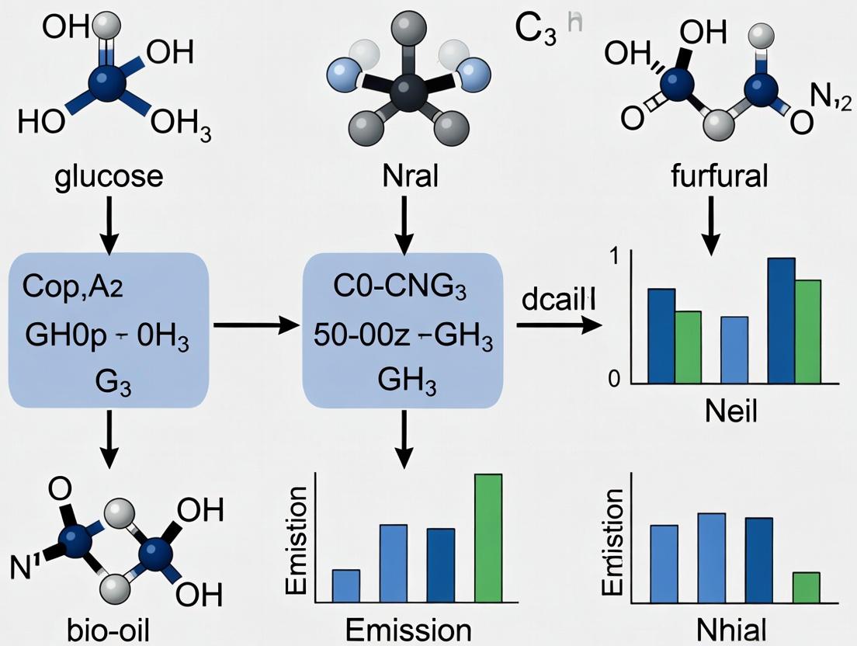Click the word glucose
[109, 176]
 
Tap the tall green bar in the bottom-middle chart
[488, 537]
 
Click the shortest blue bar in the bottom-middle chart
[346, 585]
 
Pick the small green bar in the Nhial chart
[807, 587]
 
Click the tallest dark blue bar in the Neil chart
[781, 320]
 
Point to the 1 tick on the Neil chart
[616, 256]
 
